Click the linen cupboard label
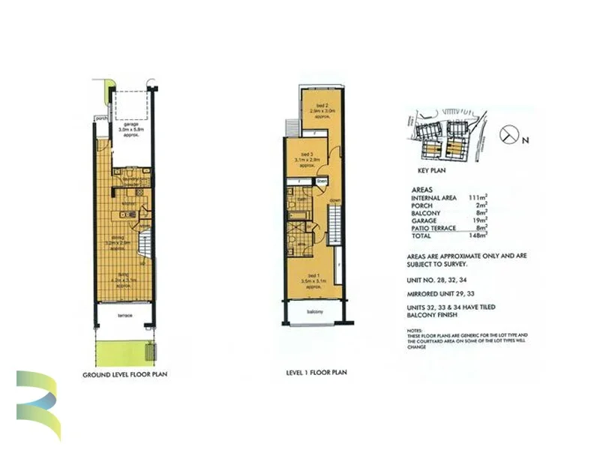pyautogui.click(x=322, y=181)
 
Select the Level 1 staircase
pyautogui.click(x=335, y=225)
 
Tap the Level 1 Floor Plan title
pyautogui.click(x=315, y=372)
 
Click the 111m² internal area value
pyautogui.click(x=477, y=197)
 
